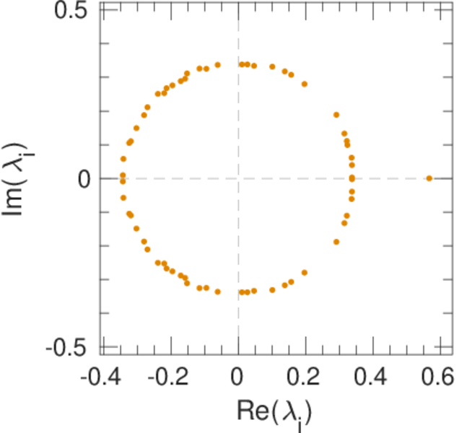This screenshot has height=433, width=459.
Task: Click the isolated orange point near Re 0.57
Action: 429,178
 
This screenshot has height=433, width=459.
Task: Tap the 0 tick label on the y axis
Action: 84,178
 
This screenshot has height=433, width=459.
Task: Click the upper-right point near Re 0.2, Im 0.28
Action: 305,84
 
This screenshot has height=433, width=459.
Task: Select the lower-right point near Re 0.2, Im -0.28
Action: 305,273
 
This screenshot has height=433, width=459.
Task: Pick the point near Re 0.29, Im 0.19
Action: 336,115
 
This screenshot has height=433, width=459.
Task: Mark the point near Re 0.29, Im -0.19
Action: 336,242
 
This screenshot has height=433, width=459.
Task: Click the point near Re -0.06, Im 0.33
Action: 217,65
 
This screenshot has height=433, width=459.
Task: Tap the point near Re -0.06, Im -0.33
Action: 217,292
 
